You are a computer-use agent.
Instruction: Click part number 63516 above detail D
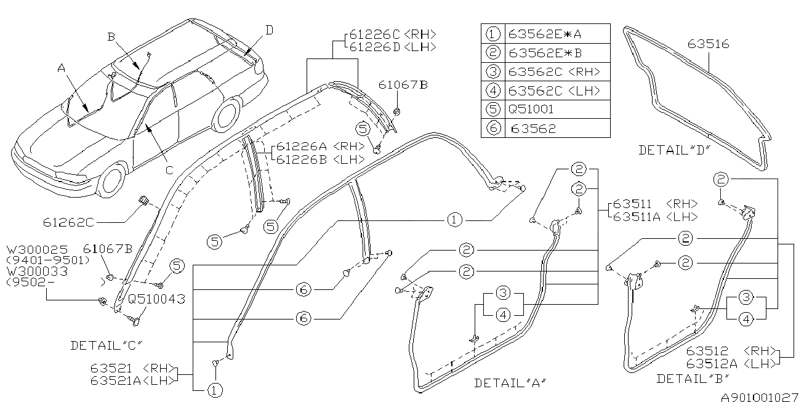(708, 44)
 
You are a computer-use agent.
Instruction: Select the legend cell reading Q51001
(531, 110)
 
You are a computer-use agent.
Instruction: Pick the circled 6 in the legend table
(493, 128)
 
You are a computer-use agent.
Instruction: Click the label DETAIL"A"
(510, 383)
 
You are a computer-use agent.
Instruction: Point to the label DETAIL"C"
(110, 345)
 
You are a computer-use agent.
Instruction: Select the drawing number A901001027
(759, 396)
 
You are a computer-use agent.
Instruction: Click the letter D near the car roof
(270, 30)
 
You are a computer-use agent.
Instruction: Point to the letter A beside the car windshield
(62, 70)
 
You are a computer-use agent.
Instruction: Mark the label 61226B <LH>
(320, 159)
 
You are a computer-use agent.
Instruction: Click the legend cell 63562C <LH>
(554, 91)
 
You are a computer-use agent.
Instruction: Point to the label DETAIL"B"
(693, 379)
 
